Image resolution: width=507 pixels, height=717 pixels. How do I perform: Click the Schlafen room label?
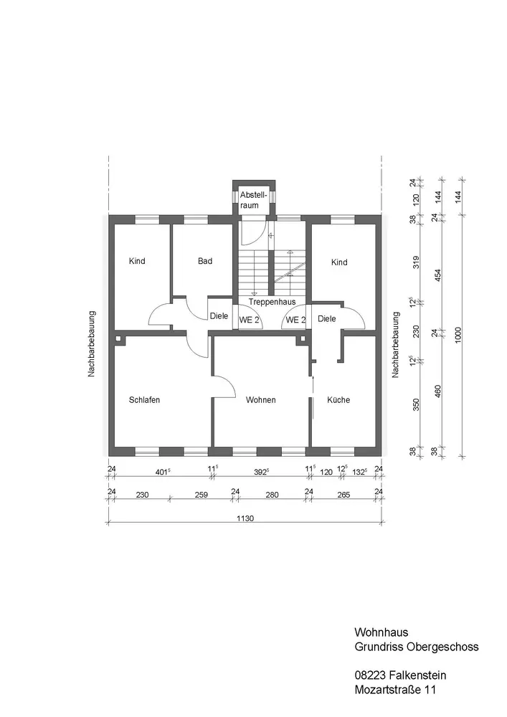(144, 400)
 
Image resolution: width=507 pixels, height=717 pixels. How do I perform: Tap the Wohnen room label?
(260, 400)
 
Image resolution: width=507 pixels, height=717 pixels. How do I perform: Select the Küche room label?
(338, 400)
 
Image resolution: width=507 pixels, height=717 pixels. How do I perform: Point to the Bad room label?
(205, 262)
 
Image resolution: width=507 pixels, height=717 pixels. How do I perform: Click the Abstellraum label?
(252, 200)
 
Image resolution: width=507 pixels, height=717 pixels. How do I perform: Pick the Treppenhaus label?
(272, 302)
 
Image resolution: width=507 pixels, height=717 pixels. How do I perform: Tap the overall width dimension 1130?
(245, 518)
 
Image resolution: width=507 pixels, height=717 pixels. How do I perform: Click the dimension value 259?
(202, 495)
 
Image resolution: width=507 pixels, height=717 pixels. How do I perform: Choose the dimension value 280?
(272, 495)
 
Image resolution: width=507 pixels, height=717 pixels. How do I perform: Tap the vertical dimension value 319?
(414, 263)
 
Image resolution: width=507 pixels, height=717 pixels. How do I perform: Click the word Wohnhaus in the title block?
(382, 633)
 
